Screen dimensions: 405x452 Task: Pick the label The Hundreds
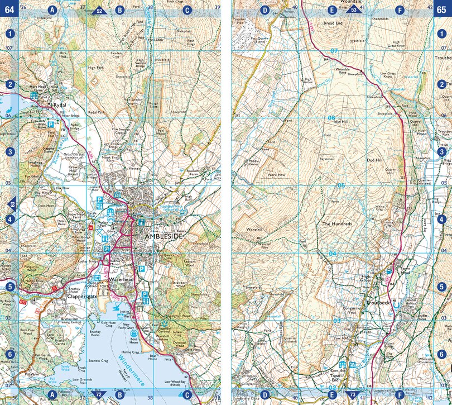click(338, 224)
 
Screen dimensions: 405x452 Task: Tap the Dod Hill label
click(374, 160)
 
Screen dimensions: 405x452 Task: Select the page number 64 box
click(9, 8)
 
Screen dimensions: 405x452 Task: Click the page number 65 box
click(443, 8)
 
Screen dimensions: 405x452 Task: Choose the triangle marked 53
click(353, 10)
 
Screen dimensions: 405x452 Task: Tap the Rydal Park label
click(97, 112)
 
